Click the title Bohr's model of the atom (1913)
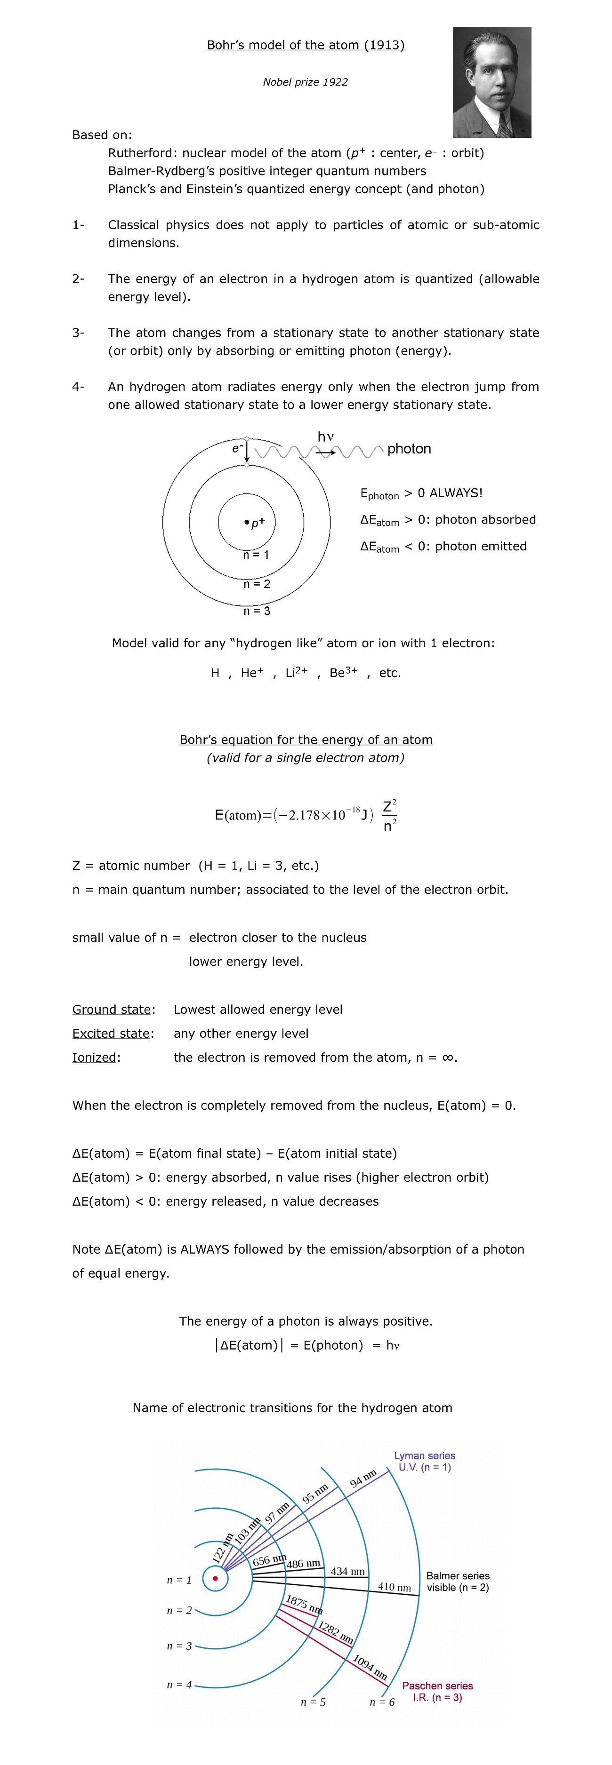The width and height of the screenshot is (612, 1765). pos(306,45)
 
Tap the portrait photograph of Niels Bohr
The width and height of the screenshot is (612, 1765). pos(491,82)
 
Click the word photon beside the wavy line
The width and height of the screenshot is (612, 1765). pos(409,449)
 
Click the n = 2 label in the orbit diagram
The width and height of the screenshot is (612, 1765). pos(257,584)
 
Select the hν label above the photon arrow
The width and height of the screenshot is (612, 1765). pos(325,437)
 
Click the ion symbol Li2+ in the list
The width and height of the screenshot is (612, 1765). pos(296,672)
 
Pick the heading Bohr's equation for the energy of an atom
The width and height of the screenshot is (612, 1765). pos(306,739)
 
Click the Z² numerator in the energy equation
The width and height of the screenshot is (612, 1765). pos(388,806)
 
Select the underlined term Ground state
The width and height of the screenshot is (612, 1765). pos(112,1009)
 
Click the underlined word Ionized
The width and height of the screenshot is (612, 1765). pos(95,1057)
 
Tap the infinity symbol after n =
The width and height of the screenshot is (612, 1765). pos(448,1057)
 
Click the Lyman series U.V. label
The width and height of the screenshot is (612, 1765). pos(424,1462)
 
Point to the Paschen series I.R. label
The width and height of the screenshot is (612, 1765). pos(437,1691)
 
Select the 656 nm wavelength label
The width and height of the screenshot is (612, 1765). pos(269,1560)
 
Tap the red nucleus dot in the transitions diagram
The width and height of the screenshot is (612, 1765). pos(215,1579)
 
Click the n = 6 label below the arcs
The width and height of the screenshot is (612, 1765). pos(382,1702)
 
